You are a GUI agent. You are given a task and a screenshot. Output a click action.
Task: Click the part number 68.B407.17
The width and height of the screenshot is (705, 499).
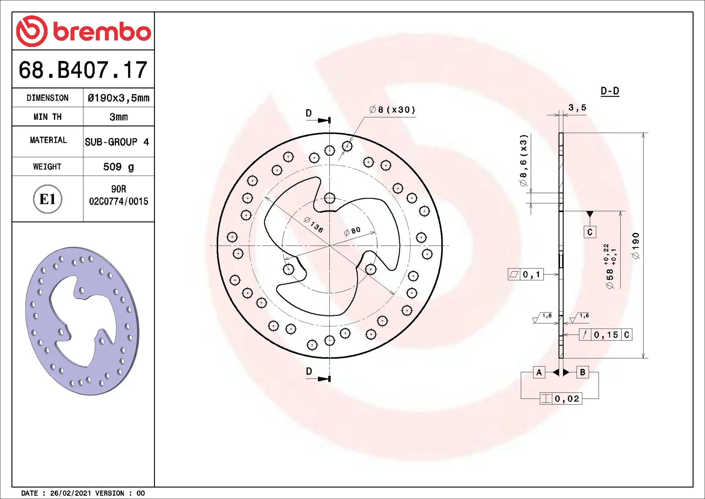83,70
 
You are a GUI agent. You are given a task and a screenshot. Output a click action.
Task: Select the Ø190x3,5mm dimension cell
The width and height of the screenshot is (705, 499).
119,98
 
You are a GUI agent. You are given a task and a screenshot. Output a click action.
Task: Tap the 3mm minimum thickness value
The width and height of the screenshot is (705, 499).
119,117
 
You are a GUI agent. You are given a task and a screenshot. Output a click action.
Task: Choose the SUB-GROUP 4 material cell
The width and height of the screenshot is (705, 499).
117,142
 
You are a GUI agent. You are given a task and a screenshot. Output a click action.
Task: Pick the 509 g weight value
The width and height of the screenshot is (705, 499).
119,167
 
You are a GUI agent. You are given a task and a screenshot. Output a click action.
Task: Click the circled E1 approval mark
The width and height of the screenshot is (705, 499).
48,199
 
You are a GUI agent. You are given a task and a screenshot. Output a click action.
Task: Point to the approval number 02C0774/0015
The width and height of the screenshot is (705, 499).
119,201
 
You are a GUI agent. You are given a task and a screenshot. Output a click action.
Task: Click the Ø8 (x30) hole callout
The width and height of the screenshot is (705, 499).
392,110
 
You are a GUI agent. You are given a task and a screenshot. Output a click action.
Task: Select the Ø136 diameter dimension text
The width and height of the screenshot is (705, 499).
314,225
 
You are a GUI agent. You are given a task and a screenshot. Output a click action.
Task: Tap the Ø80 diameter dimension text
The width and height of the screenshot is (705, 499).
352,231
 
